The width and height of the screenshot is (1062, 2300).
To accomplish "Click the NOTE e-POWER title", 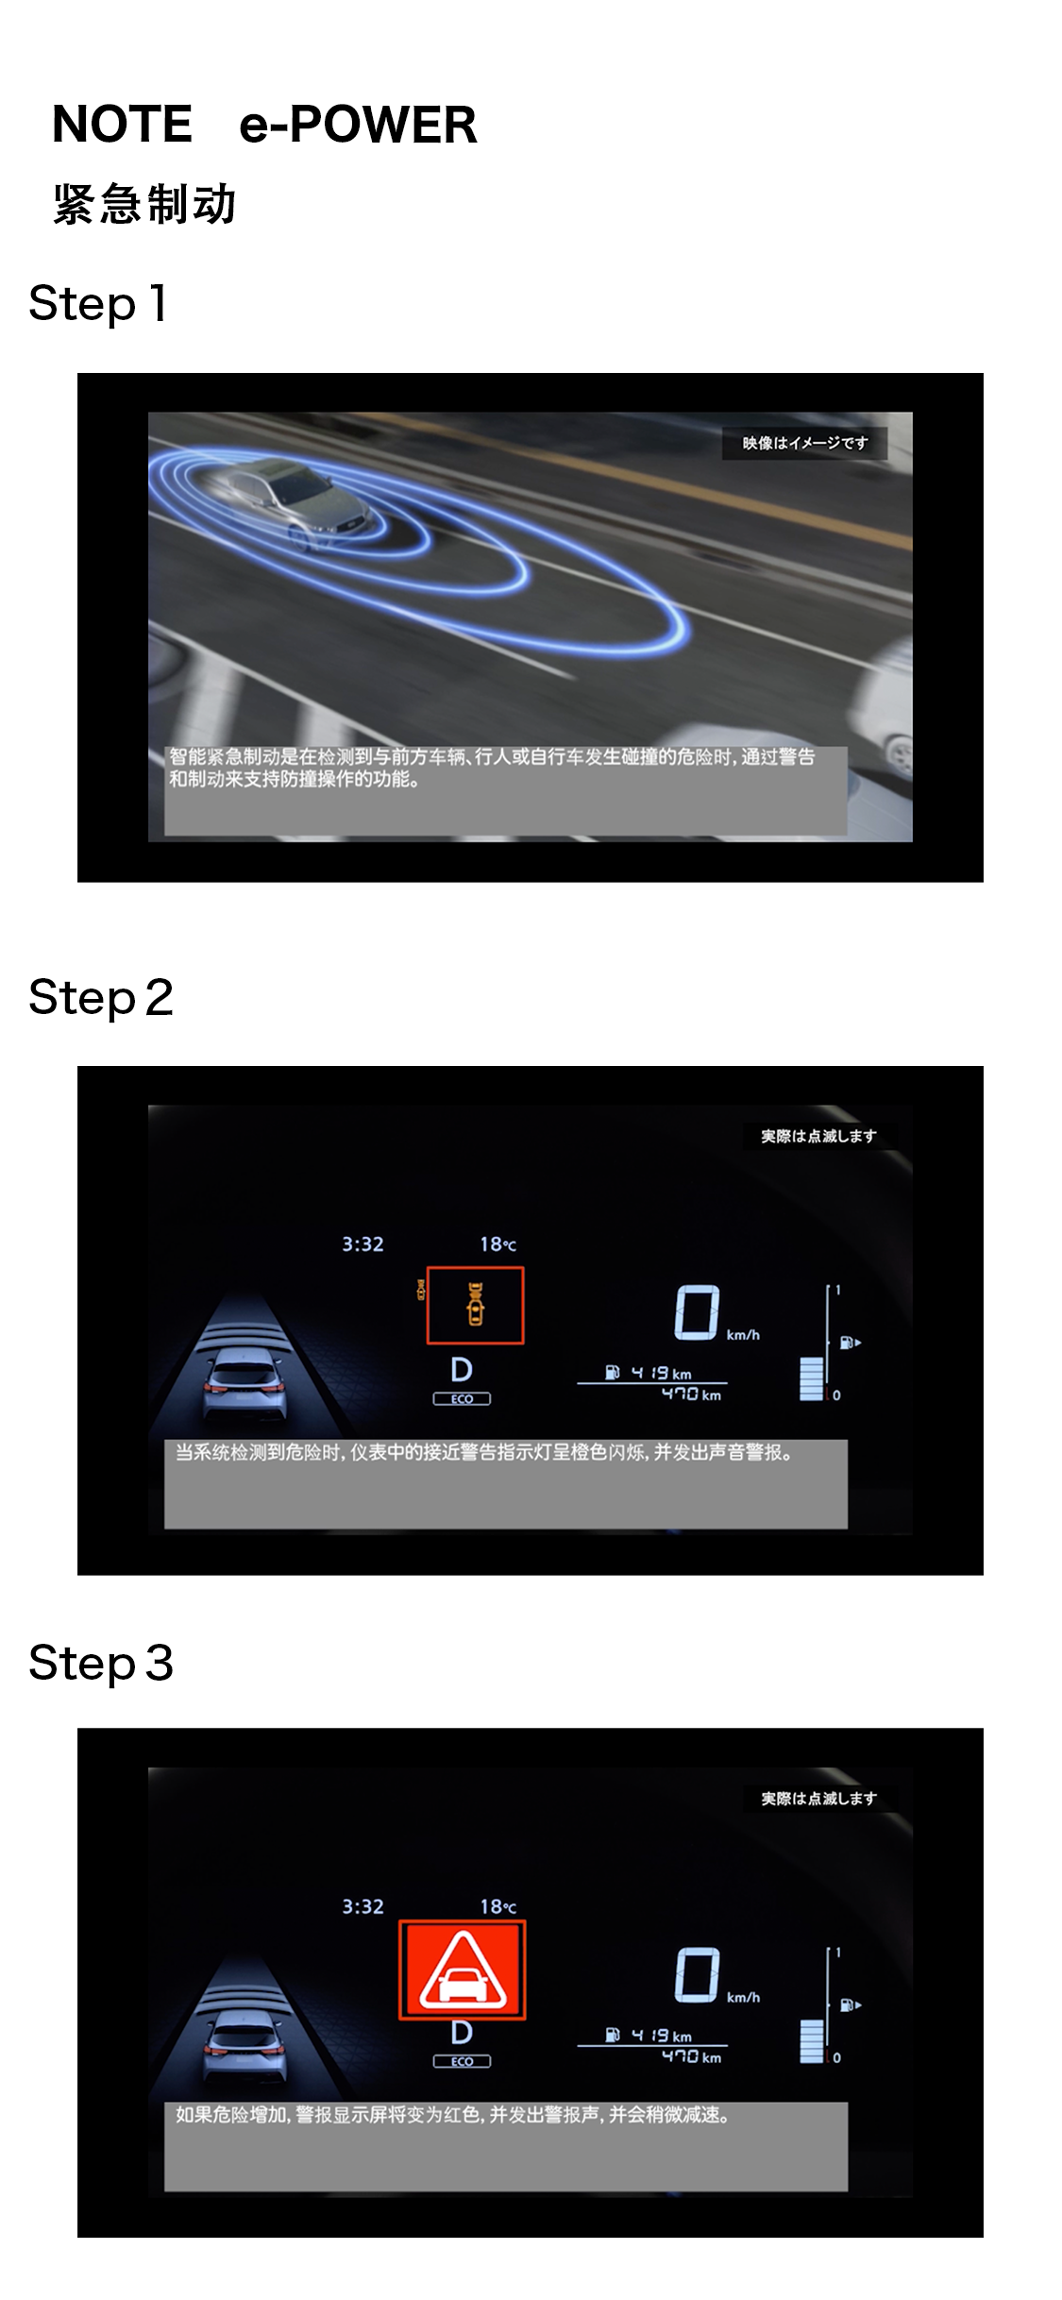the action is click(264, 124).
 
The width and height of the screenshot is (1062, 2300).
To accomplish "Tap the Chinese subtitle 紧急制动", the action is click(144, 204).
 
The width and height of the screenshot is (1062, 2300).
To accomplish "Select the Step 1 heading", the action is click(98, 304).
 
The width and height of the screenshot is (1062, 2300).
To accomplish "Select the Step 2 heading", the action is click(101, 998).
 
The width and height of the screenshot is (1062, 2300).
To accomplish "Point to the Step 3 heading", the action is click(101, 1663).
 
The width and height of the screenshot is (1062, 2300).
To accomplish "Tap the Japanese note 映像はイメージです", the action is click(805, 443).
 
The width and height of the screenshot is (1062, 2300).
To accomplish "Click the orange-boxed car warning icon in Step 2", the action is click(475, 1305).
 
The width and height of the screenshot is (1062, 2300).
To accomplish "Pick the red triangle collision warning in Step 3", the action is click(463, 1970).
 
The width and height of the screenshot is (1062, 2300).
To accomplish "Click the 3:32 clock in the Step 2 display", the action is click(362, 1244).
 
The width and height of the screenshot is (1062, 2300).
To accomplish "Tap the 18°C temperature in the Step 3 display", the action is click(497, 1906).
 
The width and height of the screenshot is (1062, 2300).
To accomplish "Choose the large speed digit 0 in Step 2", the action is click(697, 1312).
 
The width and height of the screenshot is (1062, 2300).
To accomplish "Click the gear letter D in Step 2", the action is click(462, 1370).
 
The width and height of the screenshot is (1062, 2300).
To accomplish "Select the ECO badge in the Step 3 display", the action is click(462, 2061).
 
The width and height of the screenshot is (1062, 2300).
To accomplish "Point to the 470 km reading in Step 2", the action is click(691, 1395).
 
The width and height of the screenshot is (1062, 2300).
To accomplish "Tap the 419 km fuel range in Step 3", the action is click(661, 2036).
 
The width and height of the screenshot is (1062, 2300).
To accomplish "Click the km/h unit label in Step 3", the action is click(743, 1998).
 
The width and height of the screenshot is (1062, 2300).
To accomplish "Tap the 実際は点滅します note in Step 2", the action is click(818, 1136).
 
